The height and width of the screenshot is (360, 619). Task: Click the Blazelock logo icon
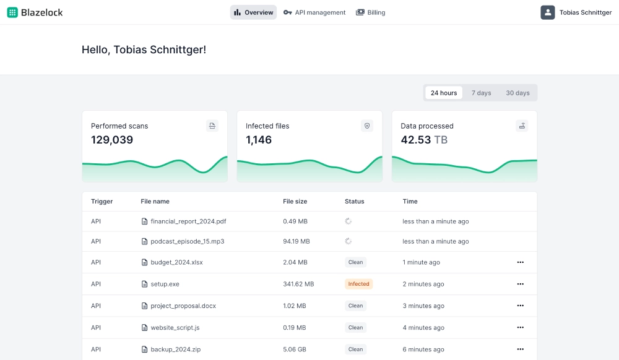click(x=12, y=12)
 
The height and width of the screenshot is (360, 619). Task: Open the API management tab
click(x=314, y=12)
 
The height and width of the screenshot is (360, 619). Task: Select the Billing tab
click(x=371, y=12)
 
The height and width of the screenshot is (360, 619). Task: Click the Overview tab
click(x=253, y=12)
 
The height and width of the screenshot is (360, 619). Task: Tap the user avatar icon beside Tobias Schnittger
click(x=547, y=12)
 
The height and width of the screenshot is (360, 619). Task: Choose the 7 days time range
click(x=481, y=93)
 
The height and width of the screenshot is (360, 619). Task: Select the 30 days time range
click(x=517, y=93)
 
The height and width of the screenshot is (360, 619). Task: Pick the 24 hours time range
click(x=444, y=93)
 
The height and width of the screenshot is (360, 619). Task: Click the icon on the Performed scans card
click(x=212, y=126)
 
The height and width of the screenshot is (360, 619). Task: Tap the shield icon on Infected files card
click(x=367, y=126)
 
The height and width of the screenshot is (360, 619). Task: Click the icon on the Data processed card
click(x=522, y=126)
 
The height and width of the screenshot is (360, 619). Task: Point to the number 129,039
click(x=112, y=140)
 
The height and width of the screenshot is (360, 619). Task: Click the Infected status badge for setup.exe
click(x=358, y=284)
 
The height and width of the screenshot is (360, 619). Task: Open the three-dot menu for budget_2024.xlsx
click(x=520, y=262)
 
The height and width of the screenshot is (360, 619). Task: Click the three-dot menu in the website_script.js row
click(x=520, y=327)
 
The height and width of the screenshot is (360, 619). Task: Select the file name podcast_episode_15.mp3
click(x=187, y=241)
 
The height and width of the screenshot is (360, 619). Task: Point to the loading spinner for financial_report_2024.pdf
click(x=348, y=221)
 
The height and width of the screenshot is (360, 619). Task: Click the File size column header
click(x=295, y=201)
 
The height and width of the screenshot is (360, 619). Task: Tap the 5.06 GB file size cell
click(x=294, y=349)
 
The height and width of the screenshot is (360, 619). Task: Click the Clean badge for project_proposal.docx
click(x=355, y=306)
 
